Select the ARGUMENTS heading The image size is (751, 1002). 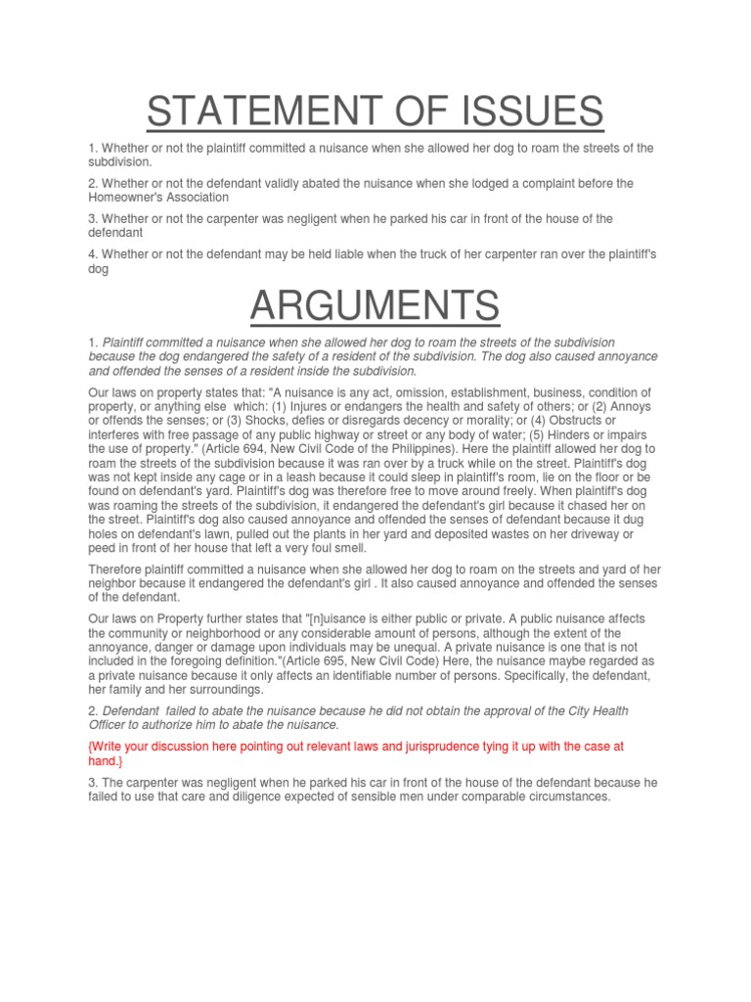[375, 307]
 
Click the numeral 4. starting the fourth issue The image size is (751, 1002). [92, 255]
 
